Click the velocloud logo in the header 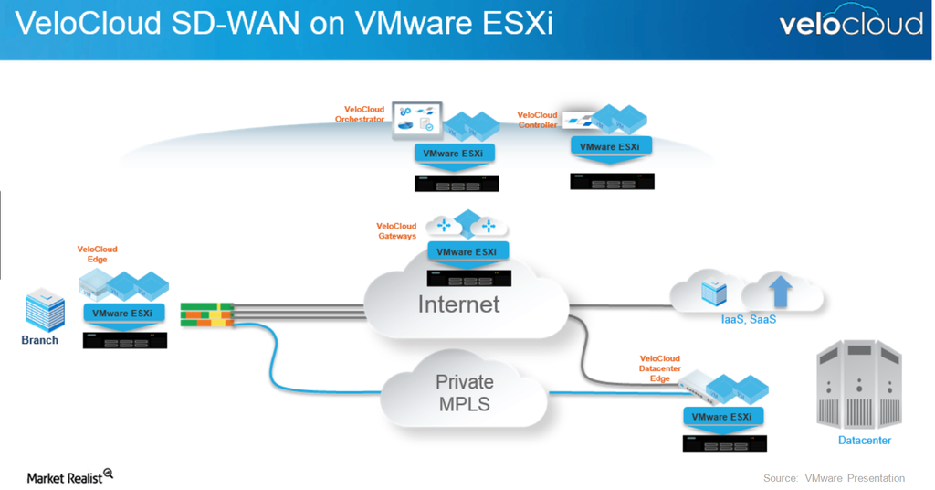850,23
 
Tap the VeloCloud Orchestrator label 359,113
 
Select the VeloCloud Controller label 537,120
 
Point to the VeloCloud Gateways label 396,230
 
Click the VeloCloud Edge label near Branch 97,254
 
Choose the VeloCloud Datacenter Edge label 660,368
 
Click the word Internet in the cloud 458,304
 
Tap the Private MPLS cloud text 464,392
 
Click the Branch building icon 43,311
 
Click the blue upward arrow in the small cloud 780,293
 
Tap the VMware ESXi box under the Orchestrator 454,153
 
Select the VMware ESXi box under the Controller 610,146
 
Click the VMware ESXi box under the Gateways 467,251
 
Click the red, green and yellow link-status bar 207,314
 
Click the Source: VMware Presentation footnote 834,478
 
